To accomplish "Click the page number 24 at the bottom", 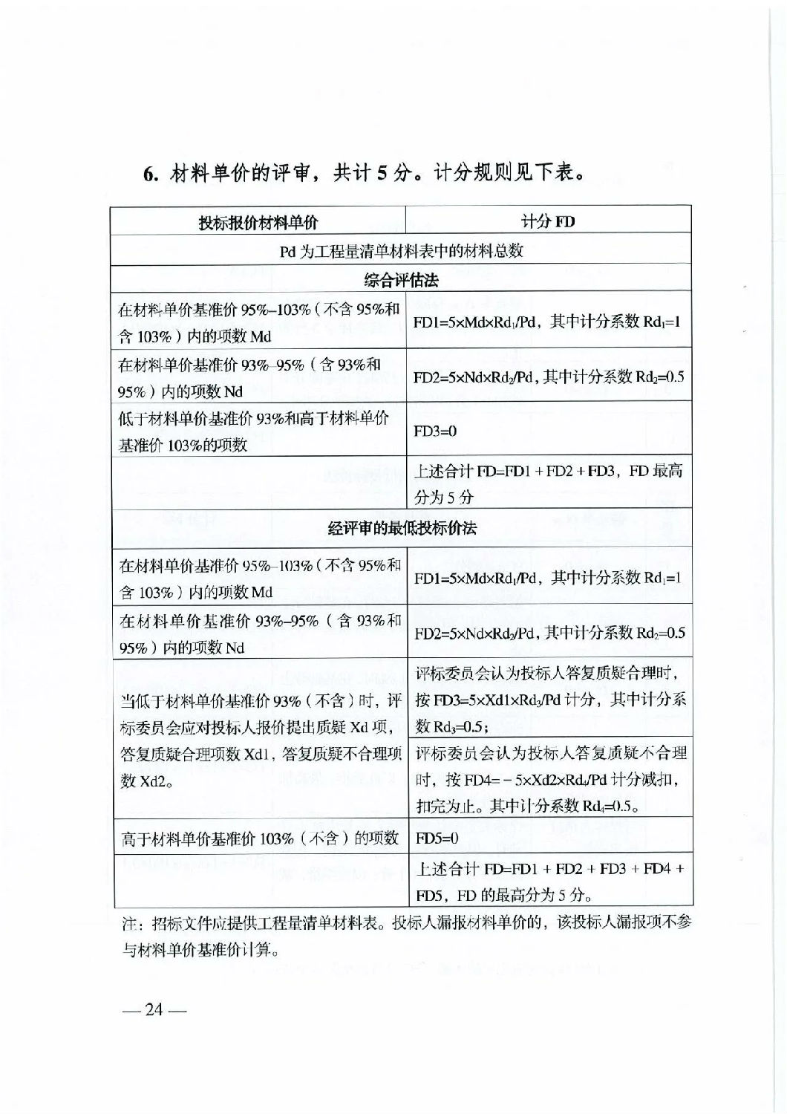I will tap(154, 1010).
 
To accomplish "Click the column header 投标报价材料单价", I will tap(258, 221).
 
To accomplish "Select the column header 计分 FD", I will tap(548, 221).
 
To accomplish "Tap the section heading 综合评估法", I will tap(401, 280).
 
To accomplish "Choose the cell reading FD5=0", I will tap(437, 838).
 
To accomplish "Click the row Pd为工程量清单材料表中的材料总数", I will tap(401, 251).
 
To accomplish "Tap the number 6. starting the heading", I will tap(151, 174).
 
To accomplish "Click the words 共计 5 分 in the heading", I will tap(371, 173).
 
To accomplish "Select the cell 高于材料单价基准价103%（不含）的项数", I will tap(260, 838).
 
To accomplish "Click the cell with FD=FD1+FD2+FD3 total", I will tap(548, 483).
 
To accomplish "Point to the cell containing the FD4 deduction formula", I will tap(550, 779).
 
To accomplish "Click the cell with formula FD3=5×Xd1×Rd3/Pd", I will tap(550, 700).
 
